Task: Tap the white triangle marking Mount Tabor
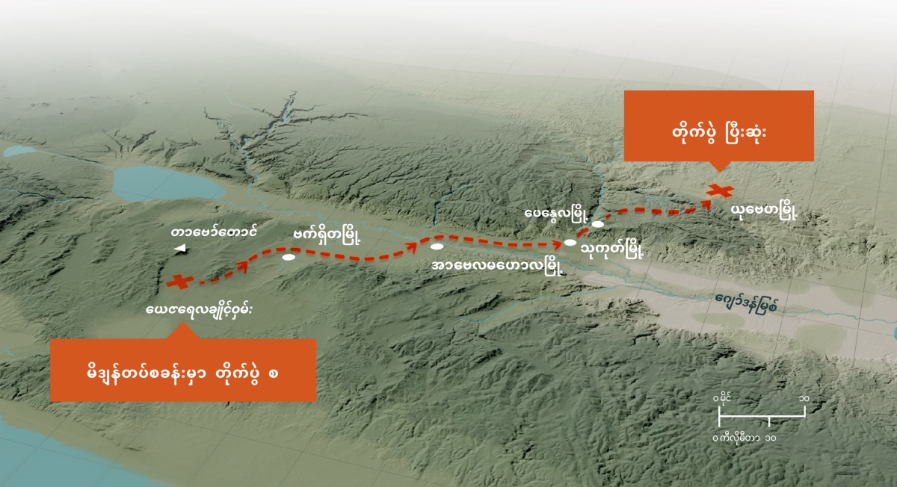[179, 249]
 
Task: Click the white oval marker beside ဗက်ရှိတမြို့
[289, 258]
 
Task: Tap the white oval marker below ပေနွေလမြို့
[597, 223]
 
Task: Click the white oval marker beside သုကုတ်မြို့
[570, 242]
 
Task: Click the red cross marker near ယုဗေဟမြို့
[719, 190]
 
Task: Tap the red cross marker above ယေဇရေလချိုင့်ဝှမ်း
[178, 282]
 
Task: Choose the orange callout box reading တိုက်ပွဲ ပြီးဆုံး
[718, 125]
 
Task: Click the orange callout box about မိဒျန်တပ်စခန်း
[183, 370]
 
